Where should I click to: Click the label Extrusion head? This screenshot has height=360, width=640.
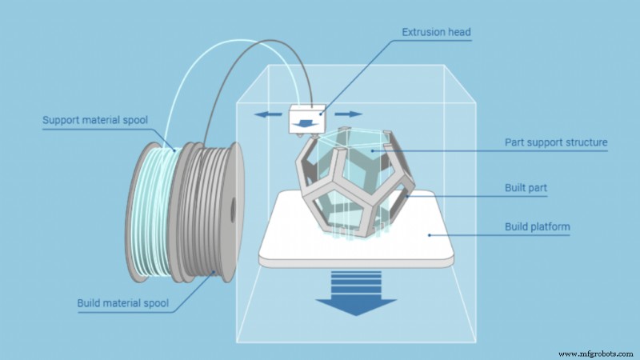[436, 33]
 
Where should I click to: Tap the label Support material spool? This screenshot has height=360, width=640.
[95, 121]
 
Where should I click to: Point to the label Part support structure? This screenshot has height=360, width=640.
[556, 143]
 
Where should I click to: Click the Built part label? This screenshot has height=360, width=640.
[526, 188]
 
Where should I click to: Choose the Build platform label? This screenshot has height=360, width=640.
[537, 227]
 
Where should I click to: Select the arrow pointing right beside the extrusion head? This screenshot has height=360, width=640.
[343, 114]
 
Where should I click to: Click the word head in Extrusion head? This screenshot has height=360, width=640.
[458, 33]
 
